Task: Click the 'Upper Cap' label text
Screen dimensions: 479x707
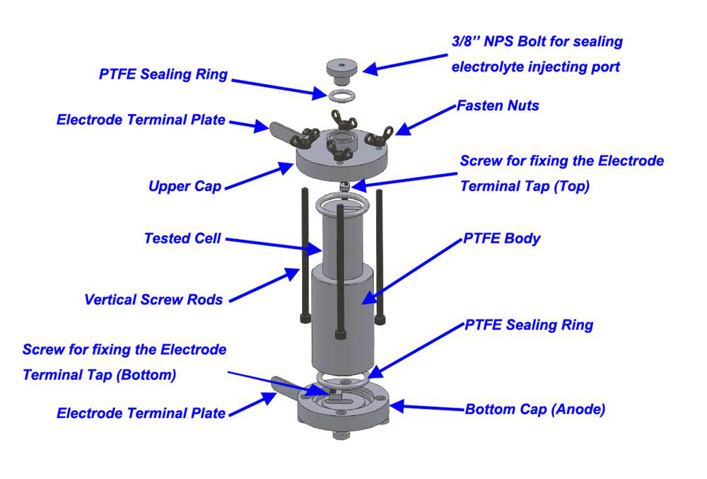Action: [x=185, y=187]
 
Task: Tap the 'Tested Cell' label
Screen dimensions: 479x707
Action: [x=182, y=238]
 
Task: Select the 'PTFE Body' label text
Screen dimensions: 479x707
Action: [x=501, y=238]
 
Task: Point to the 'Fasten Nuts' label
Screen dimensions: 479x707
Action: [x=498, y=106]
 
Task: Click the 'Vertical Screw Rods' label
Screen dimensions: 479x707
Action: [x=153, y=299]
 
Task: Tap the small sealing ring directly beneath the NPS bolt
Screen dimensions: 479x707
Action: [x=341, y=94]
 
